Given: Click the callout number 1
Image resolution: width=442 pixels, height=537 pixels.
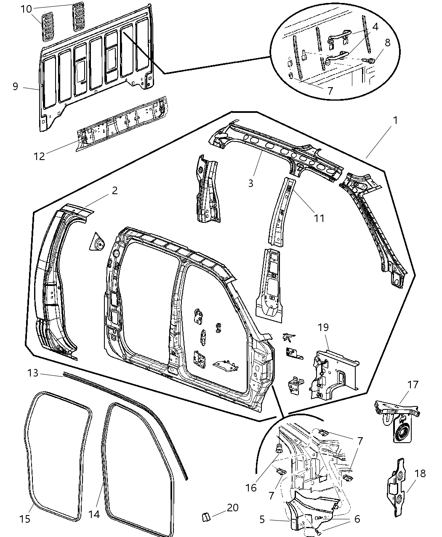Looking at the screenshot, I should tap(395, 120).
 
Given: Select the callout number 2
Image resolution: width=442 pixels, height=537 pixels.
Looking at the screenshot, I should tap(114, 191).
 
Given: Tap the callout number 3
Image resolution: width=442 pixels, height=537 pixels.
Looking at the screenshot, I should tap(251, 183).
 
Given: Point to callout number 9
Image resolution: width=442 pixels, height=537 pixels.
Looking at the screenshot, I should tap(15, 86).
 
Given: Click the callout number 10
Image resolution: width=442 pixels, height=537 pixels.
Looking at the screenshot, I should tap(26, 8).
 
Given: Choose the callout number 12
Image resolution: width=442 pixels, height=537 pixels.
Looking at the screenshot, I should tap(39, 156).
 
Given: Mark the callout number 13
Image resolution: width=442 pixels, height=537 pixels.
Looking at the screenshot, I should tap(33, 373).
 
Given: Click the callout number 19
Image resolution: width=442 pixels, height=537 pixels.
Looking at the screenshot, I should tap(323, 327).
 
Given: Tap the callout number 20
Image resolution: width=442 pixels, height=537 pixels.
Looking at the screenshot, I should tap(232, 508).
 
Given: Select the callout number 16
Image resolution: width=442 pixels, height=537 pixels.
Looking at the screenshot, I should tap(251, 487).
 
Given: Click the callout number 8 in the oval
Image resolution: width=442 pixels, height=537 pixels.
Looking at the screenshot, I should tap(387, 43).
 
